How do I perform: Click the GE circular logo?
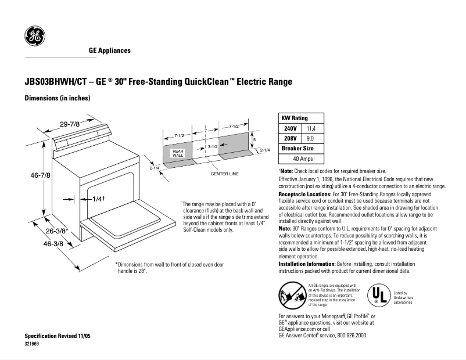[34, 37]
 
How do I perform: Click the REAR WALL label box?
[178, 153]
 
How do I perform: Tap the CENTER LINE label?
[224, 174]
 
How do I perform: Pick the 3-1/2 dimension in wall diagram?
[213, 147]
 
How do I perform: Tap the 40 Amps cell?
[303, 158]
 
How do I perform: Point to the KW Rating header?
[295, 118]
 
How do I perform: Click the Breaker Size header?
[297, 148]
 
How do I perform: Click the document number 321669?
[32, 344]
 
